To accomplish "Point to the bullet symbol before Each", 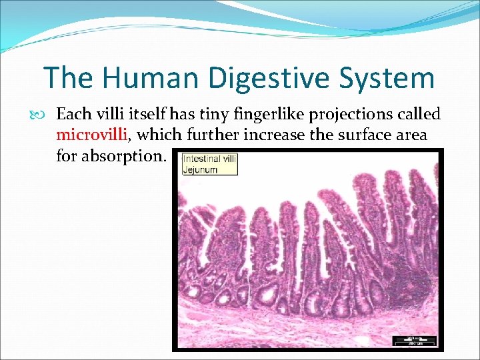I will [46, 115].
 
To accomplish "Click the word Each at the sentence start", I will [72, 115].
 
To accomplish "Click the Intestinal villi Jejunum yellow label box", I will [209, 164].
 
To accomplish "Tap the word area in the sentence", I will [412, 135].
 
